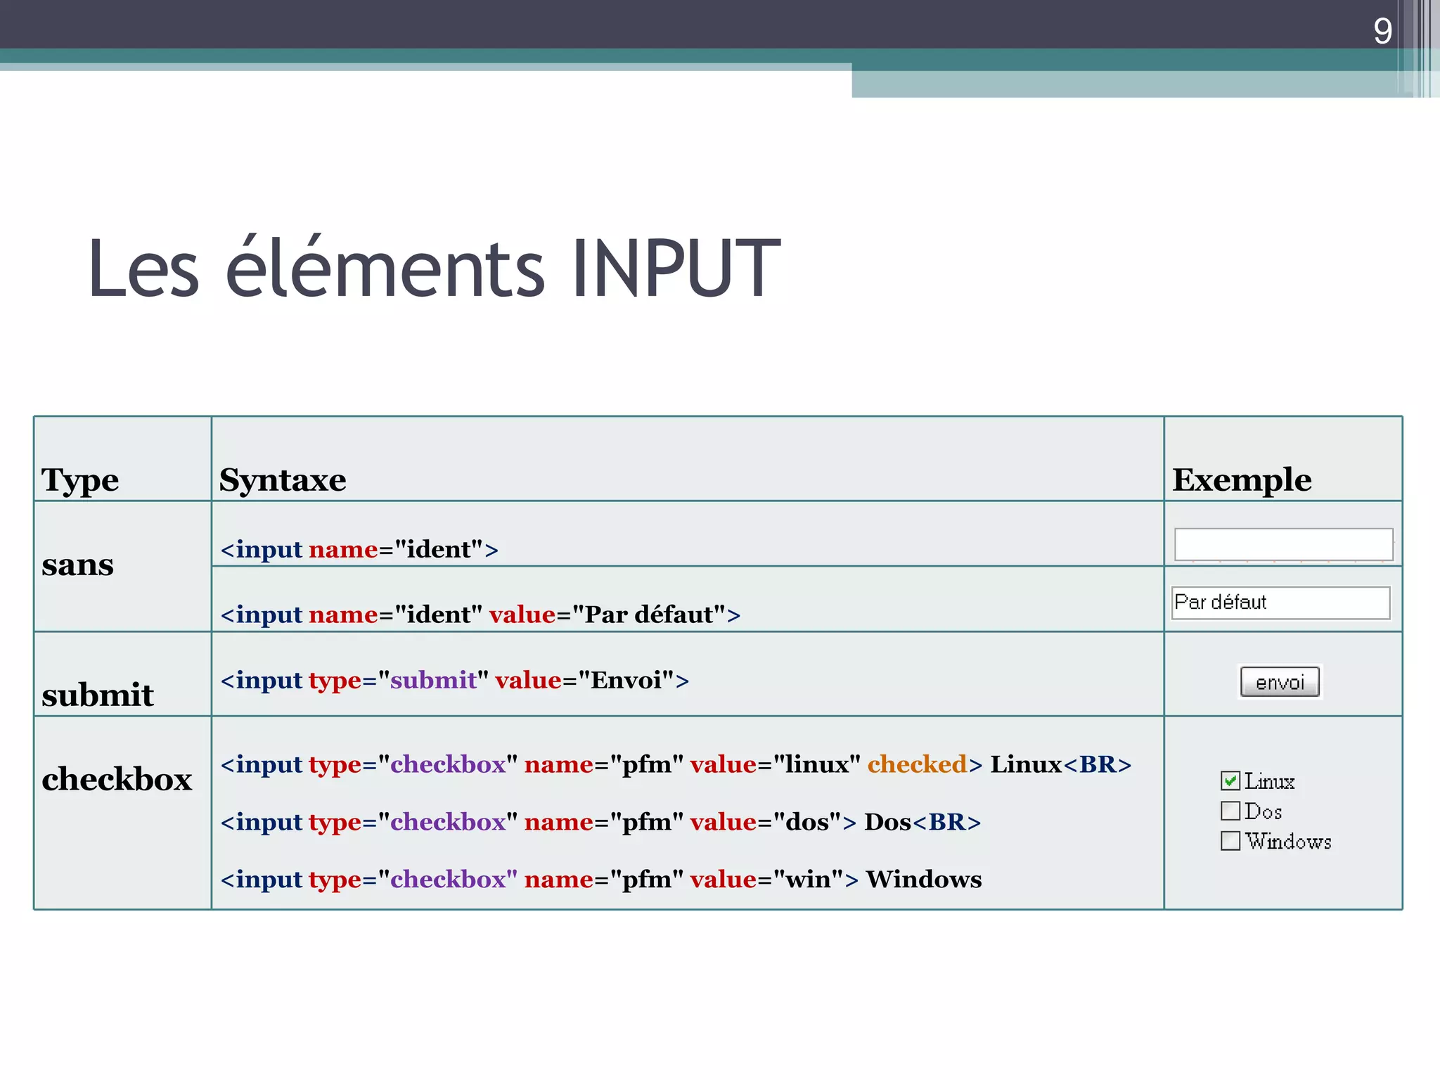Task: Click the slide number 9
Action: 1382,32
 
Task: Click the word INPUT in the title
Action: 675,269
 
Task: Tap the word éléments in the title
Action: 385,269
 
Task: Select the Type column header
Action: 80,480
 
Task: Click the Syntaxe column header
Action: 283,480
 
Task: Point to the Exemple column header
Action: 1241,480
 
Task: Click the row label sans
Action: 77,565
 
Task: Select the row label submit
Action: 98,695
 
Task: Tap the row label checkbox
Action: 117,780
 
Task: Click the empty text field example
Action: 1282,544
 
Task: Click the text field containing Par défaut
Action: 1280,603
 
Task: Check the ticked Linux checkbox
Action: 1230,780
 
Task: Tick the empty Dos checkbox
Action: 1230,811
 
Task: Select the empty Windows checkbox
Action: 1230,841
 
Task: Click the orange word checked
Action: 917,764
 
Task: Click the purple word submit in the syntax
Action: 433,681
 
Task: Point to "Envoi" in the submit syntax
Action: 626,681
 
